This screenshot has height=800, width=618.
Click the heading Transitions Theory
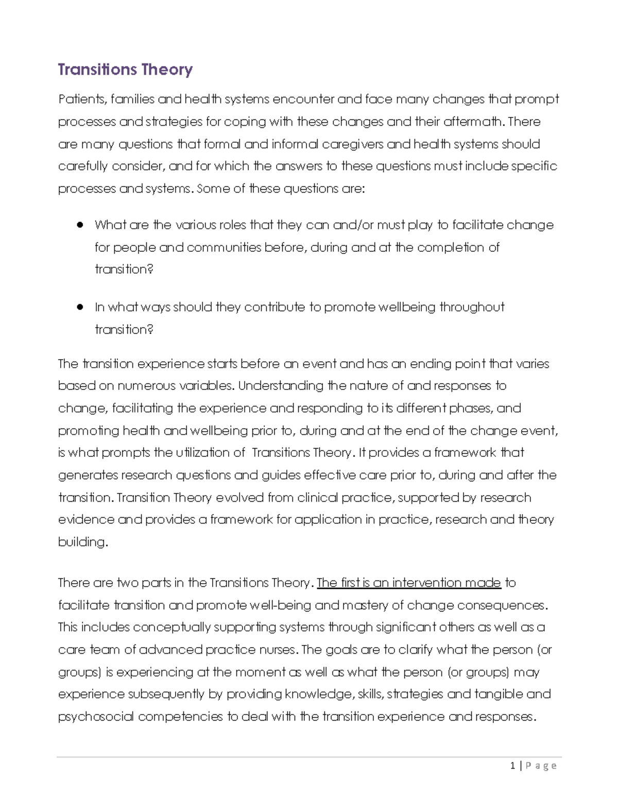[125, 69]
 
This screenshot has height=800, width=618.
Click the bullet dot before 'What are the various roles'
[80, 225]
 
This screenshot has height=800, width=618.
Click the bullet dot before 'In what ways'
[80, 307]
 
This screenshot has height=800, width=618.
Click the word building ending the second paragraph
[82, 542]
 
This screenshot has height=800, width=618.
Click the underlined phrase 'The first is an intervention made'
[408, 583]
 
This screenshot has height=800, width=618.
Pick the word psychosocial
[96, 717]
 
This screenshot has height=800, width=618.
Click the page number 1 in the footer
[512, 766]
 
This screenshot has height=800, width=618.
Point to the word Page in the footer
[541, 766]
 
